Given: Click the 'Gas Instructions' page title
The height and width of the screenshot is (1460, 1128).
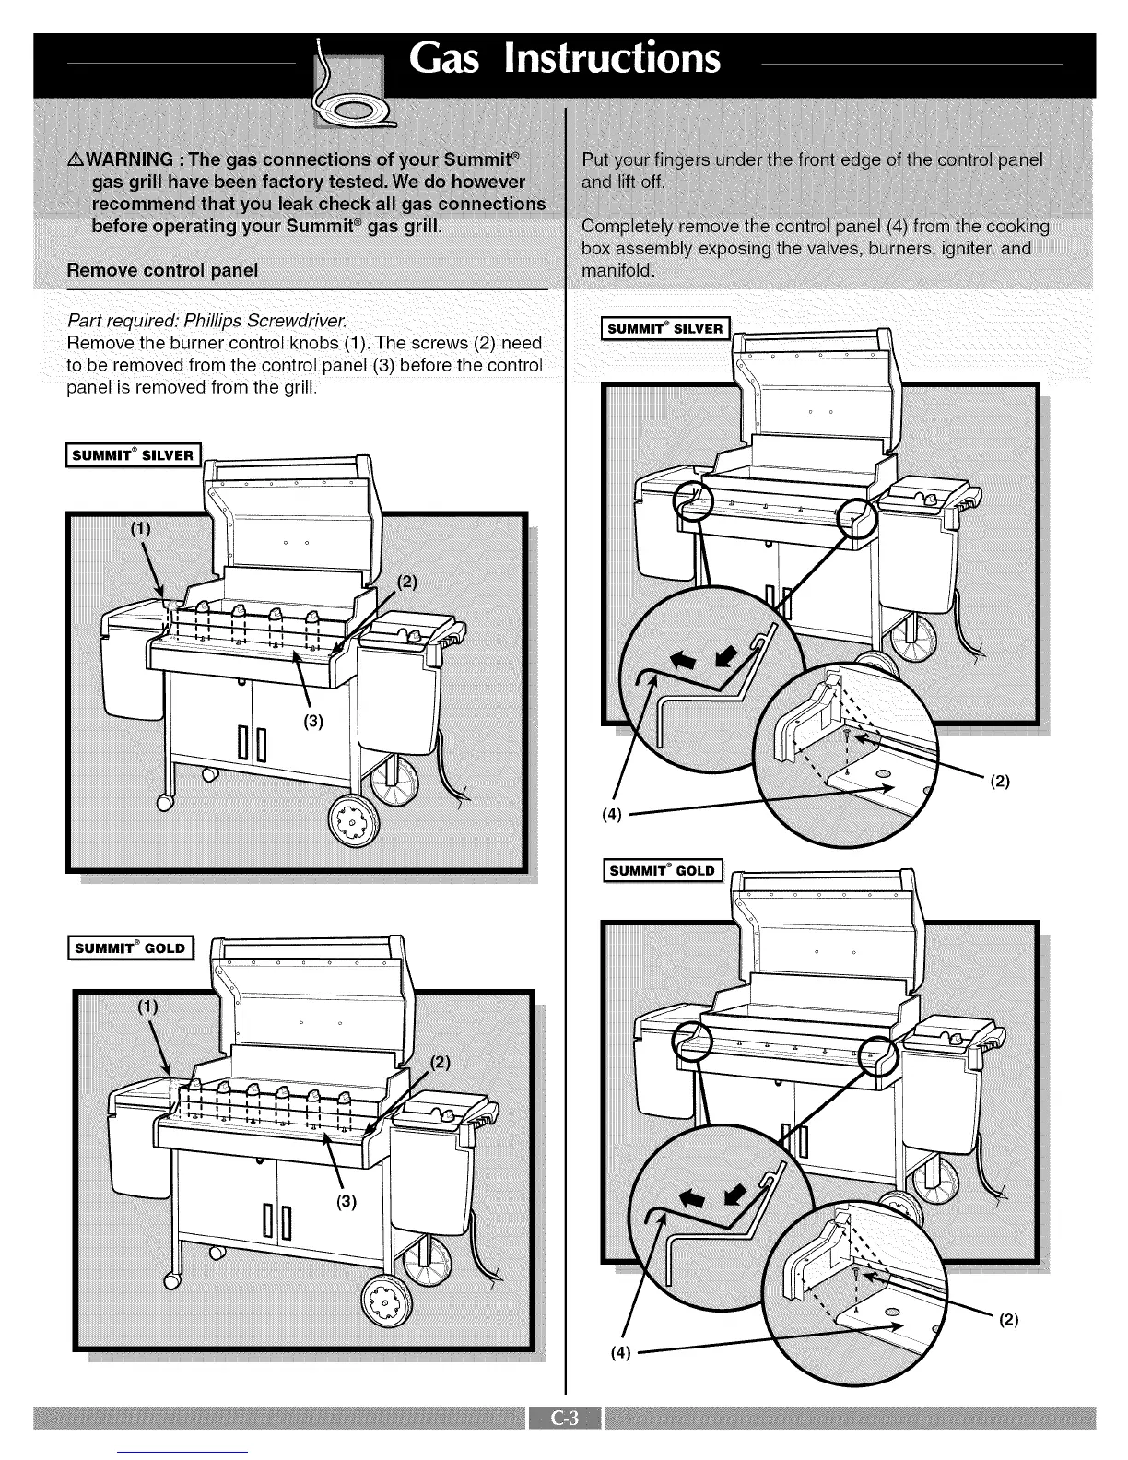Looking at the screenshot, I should tap(565, 58).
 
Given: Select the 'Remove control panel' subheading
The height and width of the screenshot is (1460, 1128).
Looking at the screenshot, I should tap(162, 270).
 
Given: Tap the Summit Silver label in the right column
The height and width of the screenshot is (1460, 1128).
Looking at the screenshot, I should tap(664, 328).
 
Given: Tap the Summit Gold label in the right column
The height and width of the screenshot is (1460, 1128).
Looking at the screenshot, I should tap(663, 870).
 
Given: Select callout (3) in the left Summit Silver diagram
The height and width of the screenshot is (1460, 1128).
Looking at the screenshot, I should tap(313, 721).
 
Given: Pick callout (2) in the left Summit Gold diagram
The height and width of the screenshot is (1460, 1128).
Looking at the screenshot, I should tap(441, 1060).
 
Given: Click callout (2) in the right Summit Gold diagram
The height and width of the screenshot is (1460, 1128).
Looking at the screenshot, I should tap(1008, 1319).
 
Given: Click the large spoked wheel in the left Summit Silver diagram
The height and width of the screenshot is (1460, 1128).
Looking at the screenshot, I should tap(354, 820).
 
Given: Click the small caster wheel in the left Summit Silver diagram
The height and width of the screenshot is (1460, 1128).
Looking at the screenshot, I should tap(166, 802).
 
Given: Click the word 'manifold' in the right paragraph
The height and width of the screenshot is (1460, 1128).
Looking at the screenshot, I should tap(617, 271).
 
